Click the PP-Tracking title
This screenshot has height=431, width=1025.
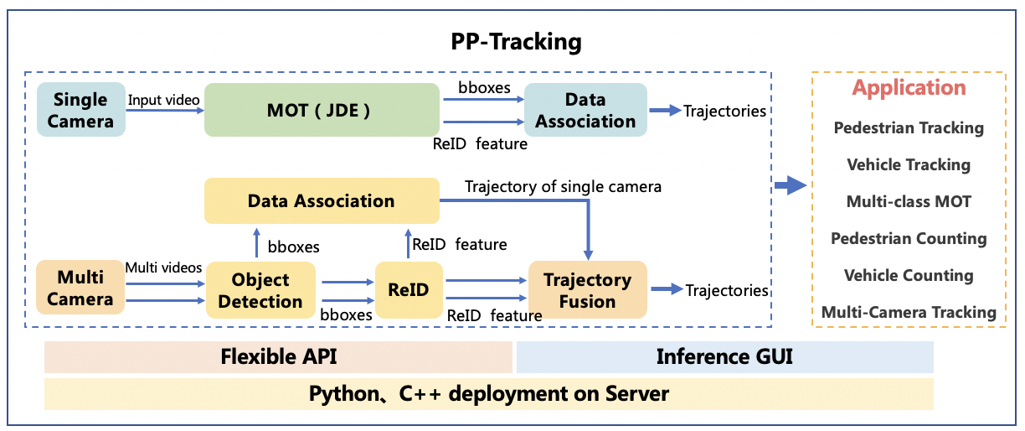pyautogui.click(x=512, y=41)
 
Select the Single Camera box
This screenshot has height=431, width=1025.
pyautogui.click(x=80, y=110)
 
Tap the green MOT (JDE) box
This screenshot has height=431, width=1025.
pyautogui.click(x=322, y=110)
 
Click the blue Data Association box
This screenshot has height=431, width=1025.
pyautogui.click(x=585, y=110)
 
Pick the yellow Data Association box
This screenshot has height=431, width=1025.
pyautogui.click(x=322, y=200)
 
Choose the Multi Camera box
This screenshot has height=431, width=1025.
pyautogui.click(x=80, y=288)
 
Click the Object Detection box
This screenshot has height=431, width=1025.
pyautogui.click(x=260, y=290)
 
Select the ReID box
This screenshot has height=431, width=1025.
pyautogui.click(x=409, y=290)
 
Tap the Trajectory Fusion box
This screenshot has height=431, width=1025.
pyautogui.click(x=587, y=290)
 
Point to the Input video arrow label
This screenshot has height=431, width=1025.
pyautogui.click(x=163, y=100)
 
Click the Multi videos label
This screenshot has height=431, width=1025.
pyautogui.click(x=163, y=267)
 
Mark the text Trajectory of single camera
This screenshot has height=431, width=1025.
pyautogui.click(x=563, y=186)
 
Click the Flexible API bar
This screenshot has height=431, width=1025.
pyautogui.click(x=278, y=356)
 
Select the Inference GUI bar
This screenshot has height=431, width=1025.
pyautogui.click(x=724, y=356)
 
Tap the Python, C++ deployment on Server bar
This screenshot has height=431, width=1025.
pyautogui.click(x=488, y=393)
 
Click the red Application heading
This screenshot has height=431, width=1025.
pyautogui.click(x=909, y=88)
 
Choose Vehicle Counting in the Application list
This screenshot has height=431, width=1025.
pyautogui.click(x=909, y=275)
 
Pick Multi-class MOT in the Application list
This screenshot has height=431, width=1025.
pyautogui.click(x=909, y=201)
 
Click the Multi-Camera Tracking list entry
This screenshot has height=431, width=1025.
pyautogui.click(x=909, y=312)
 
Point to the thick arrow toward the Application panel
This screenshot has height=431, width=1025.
pyautogui.click(x=790, y=185)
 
